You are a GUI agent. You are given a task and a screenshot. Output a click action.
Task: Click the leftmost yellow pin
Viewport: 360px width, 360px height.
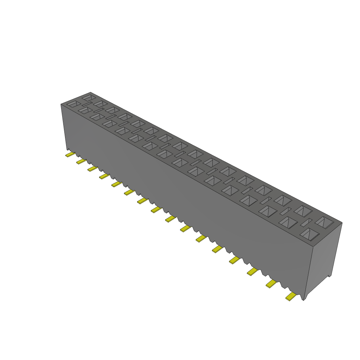(x=70, y=154)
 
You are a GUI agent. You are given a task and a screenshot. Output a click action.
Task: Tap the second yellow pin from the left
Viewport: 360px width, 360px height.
(x=81, y=161)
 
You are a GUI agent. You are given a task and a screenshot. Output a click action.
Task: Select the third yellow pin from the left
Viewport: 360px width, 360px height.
(x=92, y=169)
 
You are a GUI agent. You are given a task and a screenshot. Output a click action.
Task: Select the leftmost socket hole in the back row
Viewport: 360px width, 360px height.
(x=88, y=97)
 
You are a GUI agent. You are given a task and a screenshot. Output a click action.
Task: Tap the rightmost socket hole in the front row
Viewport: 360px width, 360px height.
(x=309, y=234)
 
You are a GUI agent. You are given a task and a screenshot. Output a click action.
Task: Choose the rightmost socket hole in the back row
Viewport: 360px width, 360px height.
(x=324, y=222)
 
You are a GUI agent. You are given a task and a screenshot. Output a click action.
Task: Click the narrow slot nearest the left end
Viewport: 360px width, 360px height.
(x=87, y=104)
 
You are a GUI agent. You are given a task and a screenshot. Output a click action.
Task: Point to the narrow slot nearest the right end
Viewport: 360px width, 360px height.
(x=306, y=222)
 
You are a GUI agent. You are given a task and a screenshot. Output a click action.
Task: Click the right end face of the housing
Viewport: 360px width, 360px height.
(x=325, y=257)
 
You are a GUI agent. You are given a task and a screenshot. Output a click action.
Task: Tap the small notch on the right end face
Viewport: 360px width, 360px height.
(x=329, y=276)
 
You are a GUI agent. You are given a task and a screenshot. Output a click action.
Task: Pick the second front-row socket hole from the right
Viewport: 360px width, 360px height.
(x=289, y=222)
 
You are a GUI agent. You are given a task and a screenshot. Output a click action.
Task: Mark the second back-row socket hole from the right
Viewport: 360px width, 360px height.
(x=303, y=211)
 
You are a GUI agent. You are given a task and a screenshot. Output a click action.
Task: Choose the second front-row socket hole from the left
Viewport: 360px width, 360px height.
(x=85, y=110)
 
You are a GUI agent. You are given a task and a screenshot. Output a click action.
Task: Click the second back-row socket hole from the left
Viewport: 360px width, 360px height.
(x=100, y=104)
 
